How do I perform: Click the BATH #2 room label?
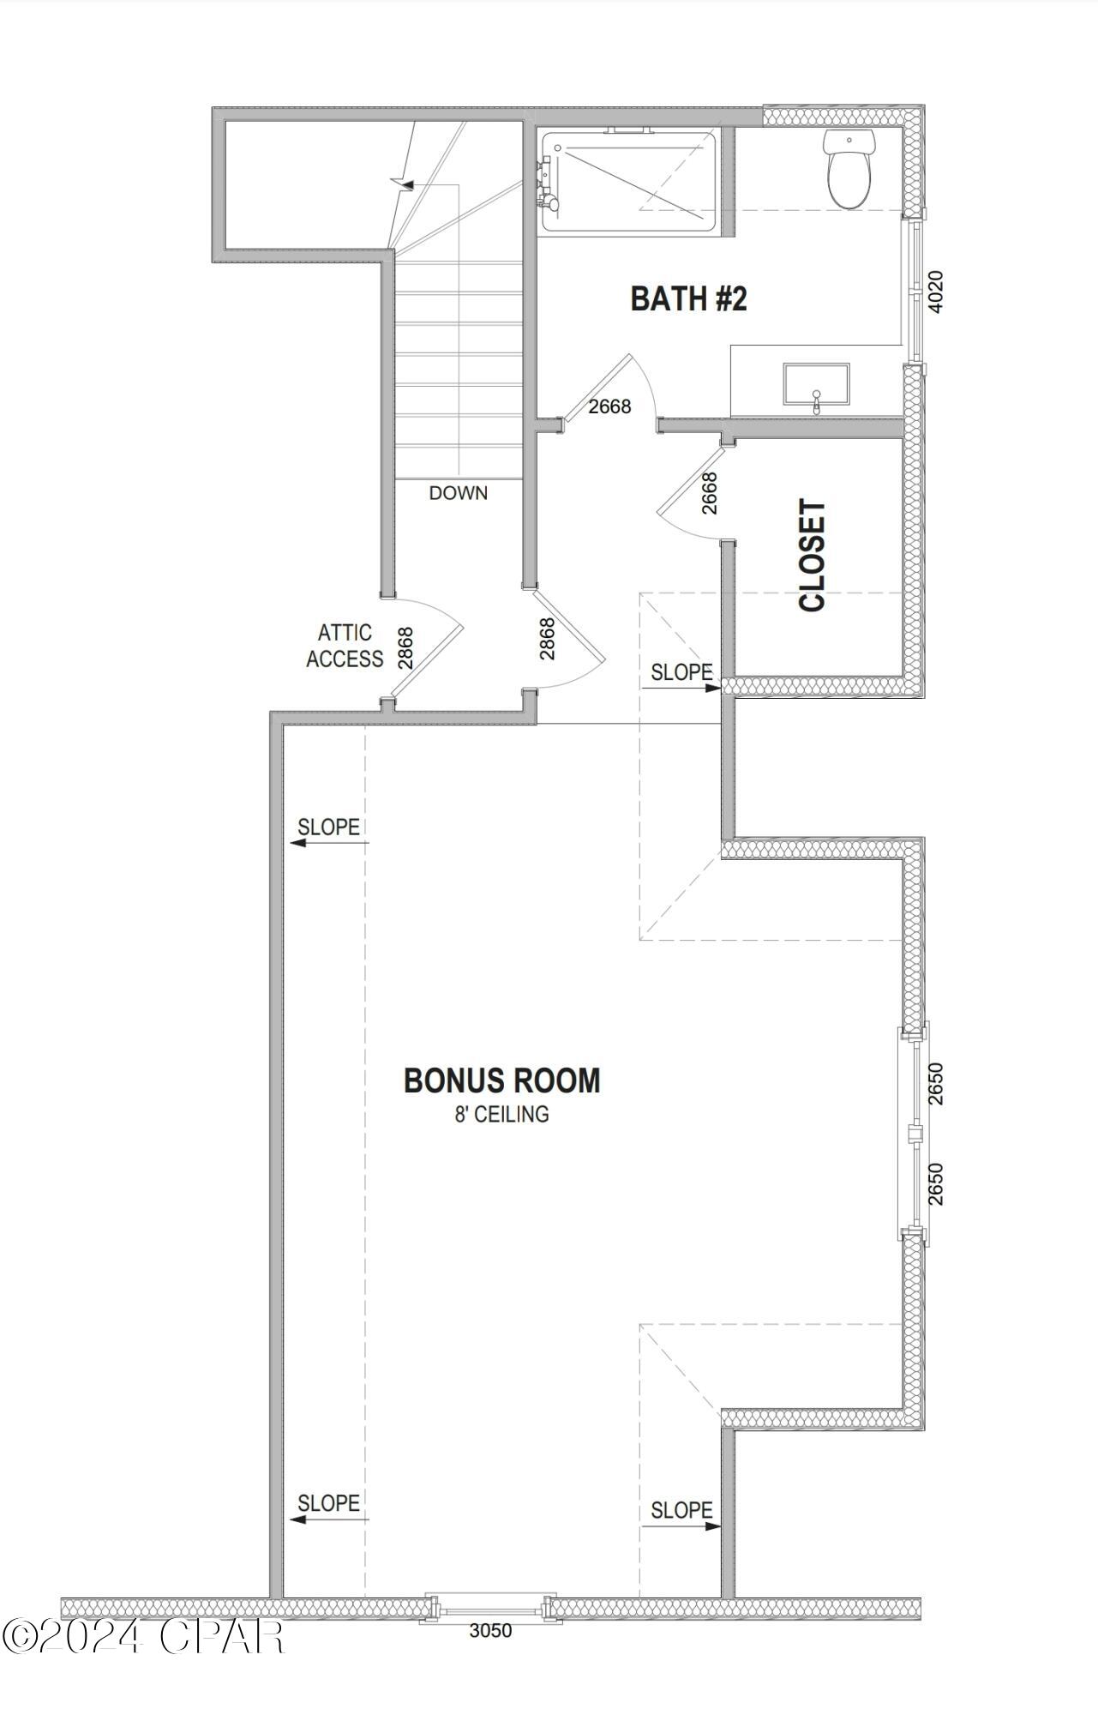(x=688, y=299)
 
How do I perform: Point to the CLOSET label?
(x=813, y=556)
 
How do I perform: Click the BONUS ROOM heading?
(x=501, y=1080)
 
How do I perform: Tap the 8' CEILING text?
(x=501, y=1115)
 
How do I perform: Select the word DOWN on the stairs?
(x=459, y=493)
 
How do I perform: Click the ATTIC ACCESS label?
(x=345, y=646)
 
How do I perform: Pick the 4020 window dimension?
(x=936, y=292)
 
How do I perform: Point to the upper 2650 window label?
(x=936, y=1084)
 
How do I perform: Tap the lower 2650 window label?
(x=936, y=1183)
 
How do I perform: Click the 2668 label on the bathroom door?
(x=609, y=406)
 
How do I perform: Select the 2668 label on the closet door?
(x=710, y=493)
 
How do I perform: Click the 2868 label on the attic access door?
(x=405, y=647)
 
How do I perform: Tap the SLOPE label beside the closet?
(x=681, y=672)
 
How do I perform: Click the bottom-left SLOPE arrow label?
(x=328, y=1503)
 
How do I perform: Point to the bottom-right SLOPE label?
(x=681, y=1510)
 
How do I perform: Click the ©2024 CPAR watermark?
(x=143, y=1636)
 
